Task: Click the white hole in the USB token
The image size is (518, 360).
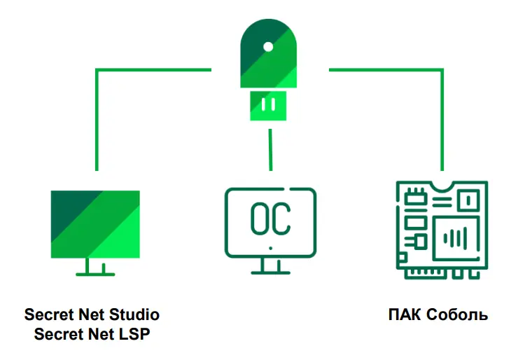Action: tap(268, 47)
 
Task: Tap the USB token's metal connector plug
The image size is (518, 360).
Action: tap(268, 106)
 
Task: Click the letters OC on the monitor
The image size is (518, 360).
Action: tap(271, 219)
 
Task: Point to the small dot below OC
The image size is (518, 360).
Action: tap(271, 248)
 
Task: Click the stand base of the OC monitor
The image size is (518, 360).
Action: tap(271, 272)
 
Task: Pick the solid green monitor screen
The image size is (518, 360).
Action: tap(95, 224)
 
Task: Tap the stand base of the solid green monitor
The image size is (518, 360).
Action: tap(95, 274)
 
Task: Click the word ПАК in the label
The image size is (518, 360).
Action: tap(405, 314)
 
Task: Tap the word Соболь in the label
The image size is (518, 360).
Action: tap(457, 314)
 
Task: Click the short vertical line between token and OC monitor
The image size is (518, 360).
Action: tap(271, 150)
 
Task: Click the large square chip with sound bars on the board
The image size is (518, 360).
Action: tap(456, 238)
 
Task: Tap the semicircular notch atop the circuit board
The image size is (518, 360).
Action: tap(442, 186)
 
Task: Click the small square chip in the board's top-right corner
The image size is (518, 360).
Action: tap(468, 200)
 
